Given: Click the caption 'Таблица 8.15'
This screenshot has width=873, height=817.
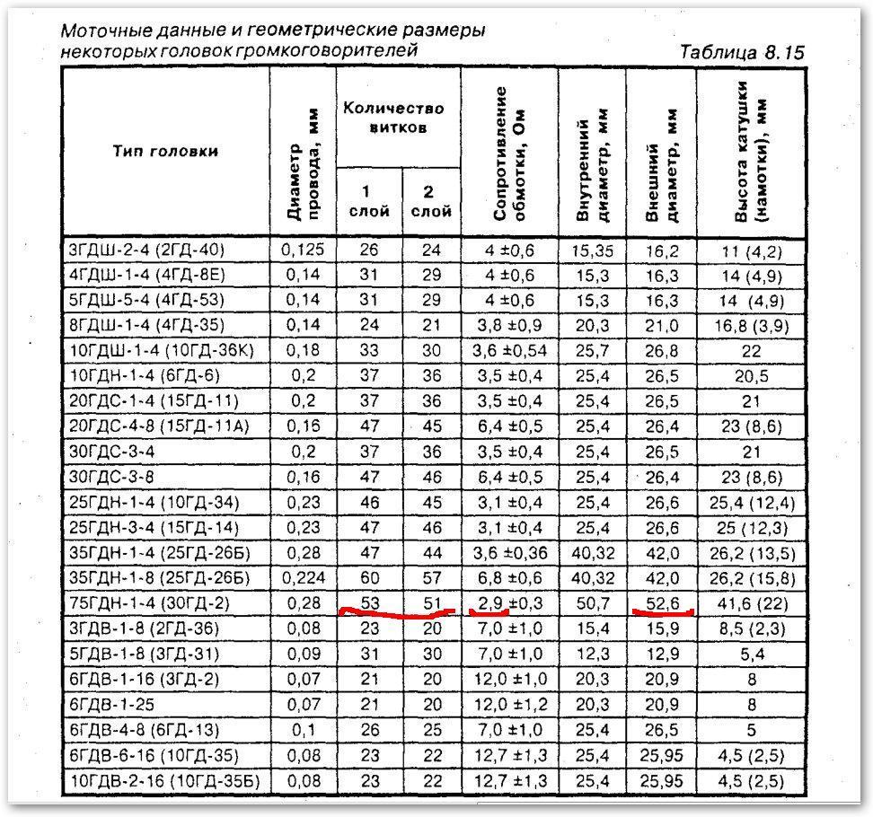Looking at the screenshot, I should (x=741, y=51).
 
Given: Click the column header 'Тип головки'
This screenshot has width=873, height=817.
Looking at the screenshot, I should (x=165, y=151).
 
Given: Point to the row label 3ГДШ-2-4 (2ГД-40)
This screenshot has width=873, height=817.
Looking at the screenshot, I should (x=146, y=250).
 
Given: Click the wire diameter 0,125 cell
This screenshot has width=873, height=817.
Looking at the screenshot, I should (x=302, y=250).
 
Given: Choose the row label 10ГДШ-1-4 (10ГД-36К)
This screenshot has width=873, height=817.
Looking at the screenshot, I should (x=160, y=350).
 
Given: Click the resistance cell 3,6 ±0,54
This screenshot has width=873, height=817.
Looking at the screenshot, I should (x=508, y=350).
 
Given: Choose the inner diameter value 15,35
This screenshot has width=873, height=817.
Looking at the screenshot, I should (x=591, y=250).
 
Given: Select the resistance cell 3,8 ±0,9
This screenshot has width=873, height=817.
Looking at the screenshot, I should (x=508, y=325).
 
